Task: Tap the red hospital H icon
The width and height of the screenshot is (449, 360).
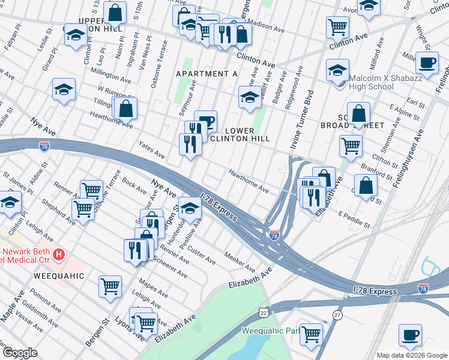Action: coord(58,254)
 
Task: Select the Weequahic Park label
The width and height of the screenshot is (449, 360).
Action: coord(270,331)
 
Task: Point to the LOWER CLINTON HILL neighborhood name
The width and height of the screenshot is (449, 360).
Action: coord(247,134)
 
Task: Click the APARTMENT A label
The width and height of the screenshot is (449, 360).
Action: coord(206,73)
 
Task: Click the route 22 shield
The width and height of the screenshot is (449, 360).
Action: coord(264,313)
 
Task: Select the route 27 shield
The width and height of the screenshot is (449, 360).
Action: coord(337,315)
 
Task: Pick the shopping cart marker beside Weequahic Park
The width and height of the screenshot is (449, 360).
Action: coord(311,334)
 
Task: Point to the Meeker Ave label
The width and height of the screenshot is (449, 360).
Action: coord(240,262)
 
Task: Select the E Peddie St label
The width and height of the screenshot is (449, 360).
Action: coord(354,220)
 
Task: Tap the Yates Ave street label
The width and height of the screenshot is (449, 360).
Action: coord(151,149)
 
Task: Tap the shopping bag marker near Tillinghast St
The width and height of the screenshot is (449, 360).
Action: coord(126,108)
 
